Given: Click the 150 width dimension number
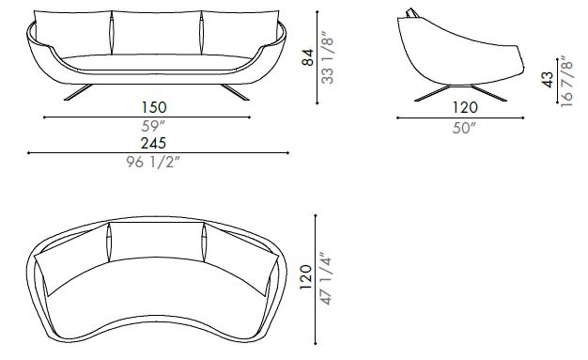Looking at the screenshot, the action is click(x=154, y=107).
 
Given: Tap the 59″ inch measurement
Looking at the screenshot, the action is click(x=153, y=126).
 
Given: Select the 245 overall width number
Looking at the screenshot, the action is click(x=153, y=143).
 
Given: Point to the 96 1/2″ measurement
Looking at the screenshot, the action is click(x=153, y=162).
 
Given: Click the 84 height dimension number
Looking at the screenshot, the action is click(x=308, y=57).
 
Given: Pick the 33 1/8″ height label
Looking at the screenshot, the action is click(x=328, y=57).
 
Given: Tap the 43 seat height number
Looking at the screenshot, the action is click(x=548, y=80).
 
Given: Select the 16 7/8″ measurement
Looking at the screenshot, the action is click(x=566, y=82).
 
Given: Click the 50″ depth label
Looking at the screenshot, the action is click(x=464, y=128).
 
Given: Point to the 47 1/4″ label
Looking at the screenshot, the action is click(x=326, y=278).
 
